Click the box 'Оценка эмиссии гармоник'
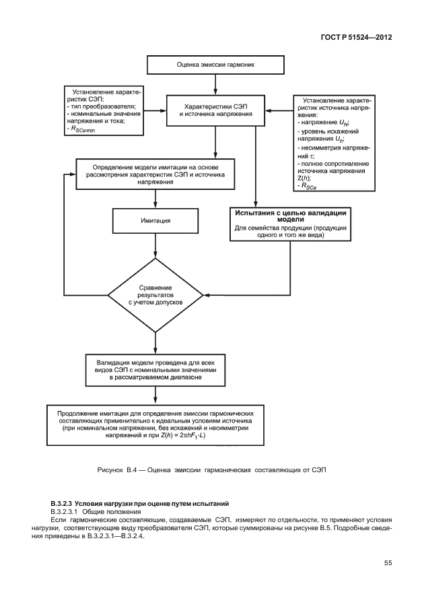[215, 66]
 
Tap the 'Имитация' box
[155, 220]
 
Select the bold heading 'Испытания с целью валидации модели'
[290, 216]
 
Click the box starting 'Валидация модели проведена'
[155, 369]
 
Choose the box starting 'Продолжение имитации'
[155, 423]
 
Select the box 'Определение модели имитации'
[155, 173]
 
